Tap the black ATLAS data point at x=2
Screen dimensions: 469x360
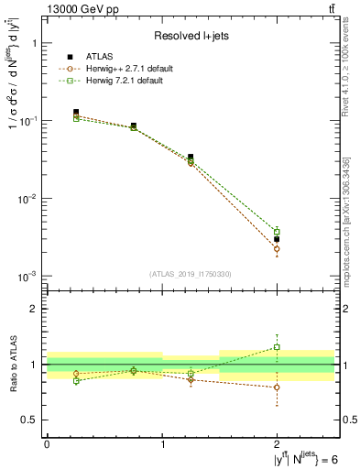tap(277, 239)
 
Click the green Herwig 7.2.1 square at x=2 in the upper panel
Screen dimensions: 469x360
tap(277, 232)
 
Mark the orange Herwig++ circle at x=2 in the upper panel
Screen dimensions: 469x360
tap(277, 249)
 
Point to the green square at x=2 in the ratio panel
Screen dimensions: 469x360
tap(277, 347)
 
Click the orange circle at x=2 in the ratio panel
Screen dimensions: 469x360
tap(277, 387)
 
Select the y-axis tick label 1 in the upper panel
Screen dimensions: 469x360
tap(33, 43)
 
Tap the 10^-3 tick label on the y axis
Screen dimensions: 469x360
tap(27, 276)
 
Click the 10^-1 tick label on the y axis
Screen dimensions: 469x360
tap(27, 121)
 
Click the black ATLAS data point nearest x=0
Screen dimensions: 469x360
tap(76, 112)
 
